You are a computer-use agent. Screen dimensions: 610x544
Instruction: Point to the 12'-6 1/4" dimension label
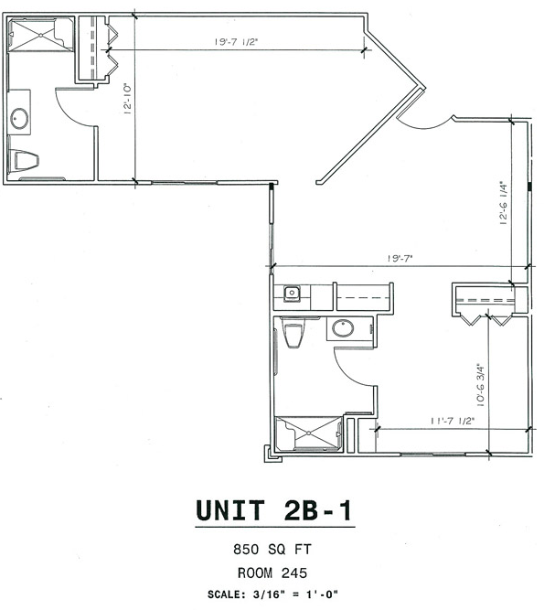click(503, 204)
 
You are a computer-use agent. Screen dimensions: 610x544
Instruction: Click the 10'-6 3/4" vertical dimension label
click(478, 383)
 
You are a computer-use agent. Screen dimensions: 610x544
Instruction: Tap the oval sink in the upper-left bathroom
click(20, 118)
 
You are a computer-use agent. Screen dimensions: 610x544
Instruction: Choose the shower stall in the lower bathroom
click(307, 433)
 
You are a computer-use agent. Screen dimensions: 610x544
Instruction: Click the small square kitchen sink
click(293, 294)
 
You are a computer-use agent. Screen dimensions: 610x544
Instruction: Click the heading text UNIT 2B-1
click(274, 510)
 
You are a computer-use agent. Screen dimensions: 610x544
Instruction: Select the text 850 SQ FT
click(274, 551)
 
